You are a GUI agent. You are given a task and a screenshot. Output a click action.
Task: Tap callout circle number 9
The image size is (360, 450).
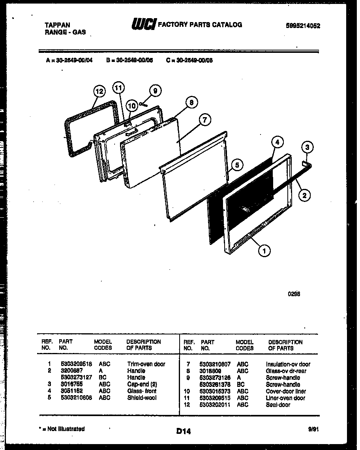click(155, 91)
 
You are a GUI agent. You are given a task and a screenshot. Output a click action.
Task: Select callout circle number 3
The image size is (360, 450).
click(307, 148)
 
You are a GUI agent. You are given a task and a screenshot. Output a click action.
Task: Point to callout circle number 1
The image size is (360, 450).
click(264, 250)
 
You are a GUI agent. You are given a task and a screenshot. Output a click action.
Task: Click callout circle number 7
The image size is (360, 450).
click(205, 121)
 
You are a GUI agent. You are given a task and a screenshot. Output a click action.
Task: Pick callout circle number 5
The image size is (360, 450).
click(236, 166)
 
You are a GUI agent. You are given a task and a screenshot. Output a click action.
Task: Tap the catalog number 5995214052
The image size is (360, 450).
click(303, 26)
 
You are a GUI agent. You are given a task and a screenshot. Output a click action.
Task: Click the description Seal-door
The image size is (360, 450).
click(278, 405)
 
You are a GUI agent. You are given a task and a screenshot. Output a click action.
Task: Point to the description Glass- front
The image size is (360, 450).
click(142, 391)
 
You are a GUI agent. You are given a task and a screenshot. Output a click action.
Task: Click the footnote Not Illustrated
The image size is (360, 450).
click(64, 429)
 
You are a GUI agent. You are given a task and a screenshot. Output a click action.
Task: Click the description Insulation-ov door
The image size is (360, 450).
click(288, 364)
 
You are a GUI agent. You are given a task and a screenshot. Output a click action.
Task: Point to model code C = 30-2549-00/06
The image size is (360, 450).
click(190, 61)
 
